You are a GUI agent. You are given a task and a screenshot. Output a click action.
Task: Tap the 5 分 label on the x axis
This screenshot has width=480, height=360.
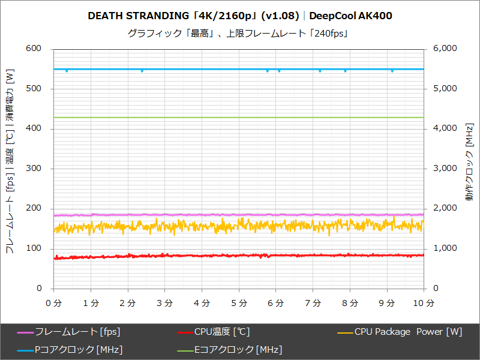pos(239,302)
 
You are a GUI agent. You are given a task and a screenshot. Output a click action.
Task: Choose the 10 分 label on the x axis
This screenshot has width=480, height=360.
pos(424,302)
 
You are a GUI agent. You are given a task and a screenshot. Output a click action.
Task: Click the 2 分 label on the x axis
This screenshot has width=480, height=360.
pos(128,302)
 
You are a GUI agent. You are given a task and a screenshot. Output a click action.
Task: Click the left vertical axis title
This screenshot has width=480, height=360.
pos(10,162)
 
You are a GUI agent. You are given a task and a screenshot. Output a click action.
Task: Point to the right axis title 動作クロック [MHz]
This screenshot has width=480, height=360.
pos(469,168)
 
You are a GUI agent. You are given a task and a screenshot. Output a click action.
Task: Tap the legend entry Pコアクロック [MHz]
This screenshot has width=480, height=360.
pos(79,349)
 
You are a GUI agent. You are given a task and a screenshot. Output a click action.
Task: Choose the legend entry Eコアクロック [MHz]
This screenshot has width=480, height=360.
pos(238,349)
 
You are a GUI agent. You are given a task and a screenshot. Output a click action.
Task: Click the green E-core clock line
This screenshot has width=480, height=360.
pos(240,117)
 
